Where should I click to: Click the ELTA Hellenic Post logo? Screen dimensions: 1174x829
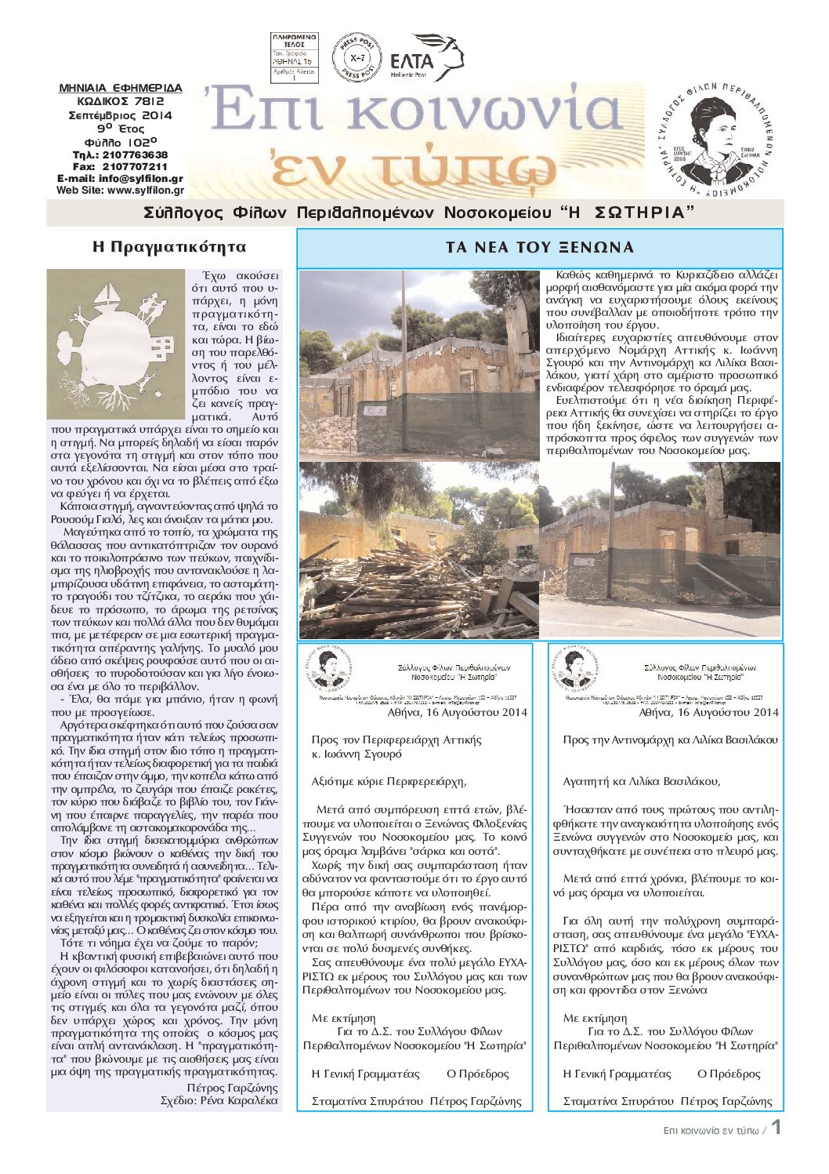click(426, 57)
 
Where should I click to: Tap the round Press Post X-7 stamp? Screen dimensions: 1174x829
click(357, 57)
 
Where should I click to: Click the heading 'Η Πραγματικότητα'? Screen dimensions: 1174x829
click(169, 247)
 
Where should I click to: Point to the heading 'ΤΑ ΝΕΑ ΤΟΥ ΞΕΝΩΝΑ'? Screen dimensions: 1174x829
click(540, 248)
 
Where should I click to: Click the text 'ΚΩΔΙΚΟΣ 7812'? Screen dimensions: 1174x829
click(121, 101)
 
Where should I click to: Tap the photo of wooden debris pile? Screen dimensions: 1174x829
click(418, 551)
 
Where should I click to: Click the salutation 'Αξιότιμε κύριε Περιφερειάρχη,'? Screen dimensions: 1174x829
click(389, 781)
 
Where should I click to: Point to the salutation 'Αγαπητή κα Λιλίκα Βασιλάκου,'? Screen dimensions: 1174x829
click(642, 781)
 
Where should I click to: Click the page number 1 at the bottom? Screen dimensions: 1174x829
click(776, 1128)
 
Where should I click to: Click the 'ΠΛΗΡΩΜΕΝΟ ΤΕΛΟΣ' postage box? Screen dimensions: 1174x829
click(294, 58)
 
